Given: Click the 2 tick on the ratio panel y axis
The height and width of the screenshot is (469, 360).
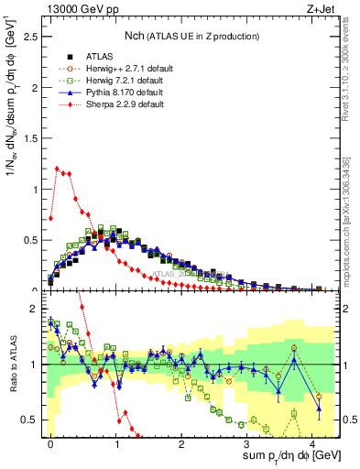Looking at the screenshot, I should (35, 309).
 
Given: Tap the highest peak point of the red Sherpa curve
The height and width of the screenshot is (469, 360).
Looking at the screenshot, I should (57, 169).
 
